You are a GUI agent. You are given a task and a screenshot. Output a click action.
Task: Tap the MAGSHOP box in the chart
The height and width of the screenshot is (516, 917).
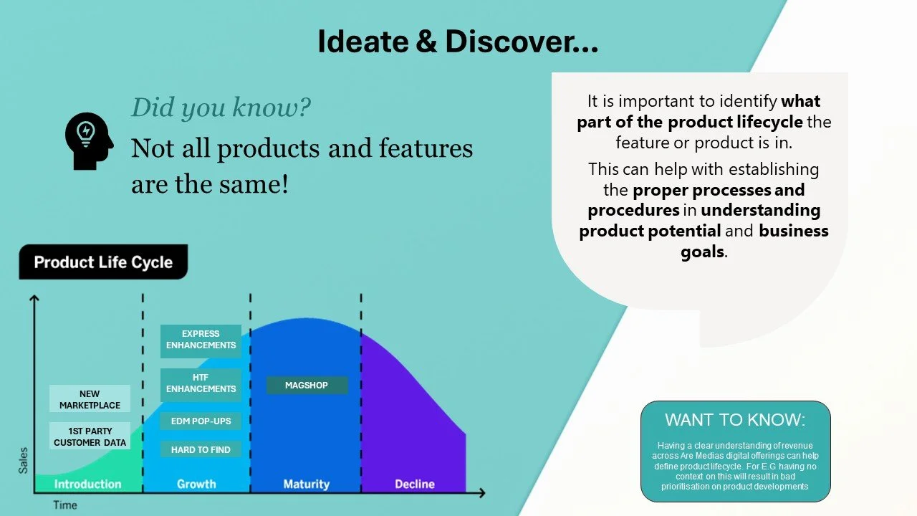click(x=307, y=386)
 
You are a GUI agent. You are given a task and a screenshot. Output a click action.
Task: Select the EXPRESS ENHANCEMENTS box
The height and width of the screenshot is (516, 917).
click(x=201, y=340)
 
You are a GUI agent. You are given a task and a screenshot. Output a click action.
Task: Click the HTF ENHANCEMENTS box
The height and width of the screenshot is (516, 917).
click(x=201, y=383)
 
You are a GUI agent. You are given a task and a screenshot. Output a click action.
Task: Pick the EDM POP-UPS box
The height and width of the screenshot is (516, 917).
click(x=201, y=421)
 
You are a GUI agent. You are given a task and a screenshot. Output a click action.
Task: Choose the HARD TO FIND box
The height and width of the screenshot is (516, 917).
click(x=201, y=449)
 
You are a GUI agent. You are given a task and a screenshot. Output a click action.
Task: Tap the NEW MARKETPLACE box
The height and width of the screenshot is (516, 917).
click(x=90, y=399)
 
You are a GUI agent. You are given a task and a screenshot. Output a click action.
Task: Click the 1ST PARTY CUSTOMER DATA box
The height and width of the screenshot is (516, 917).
click(x=90, y=436)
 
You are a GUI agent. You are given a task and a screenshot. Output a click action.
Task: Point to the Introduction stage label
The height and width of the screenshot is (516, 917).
click(x=87, y=484)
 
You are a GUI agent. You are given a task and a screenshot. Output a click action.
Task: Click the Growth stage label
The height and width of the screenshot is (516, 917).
click(x=196, y=484)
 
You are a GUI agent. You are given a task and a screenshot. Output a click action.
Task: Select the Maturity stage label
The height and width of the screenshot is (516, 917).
click(x=307, y=484)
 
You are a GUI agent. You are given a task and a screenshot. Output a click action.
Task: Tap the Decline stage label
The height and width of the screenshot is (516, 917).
click(x=415, y=484)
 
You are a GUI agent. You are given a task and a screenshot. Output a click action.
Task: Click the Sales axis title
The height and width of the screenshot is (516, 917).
click(x=24, y=460)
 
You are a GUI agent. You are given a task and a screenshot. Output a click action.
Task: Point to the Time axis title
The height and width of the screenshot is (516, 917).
click(x=65, y=505)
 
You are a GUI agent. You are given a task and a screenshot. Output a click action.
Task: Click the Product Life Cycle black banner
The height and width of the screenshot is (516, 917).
click(x=104, y=262)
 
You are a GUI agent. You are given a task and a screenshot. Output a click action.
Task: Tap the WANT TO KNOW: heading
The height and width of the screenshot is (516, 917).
click(x=735, y=420)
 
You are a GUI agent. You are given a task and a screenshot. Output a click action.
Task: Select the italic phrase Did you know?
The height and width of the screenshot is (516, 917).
click(x=221, y=107)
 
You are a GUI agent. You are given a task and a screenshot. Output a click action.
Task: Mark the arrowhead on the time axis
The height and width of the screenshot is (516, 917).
click(x=482, y=493)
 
